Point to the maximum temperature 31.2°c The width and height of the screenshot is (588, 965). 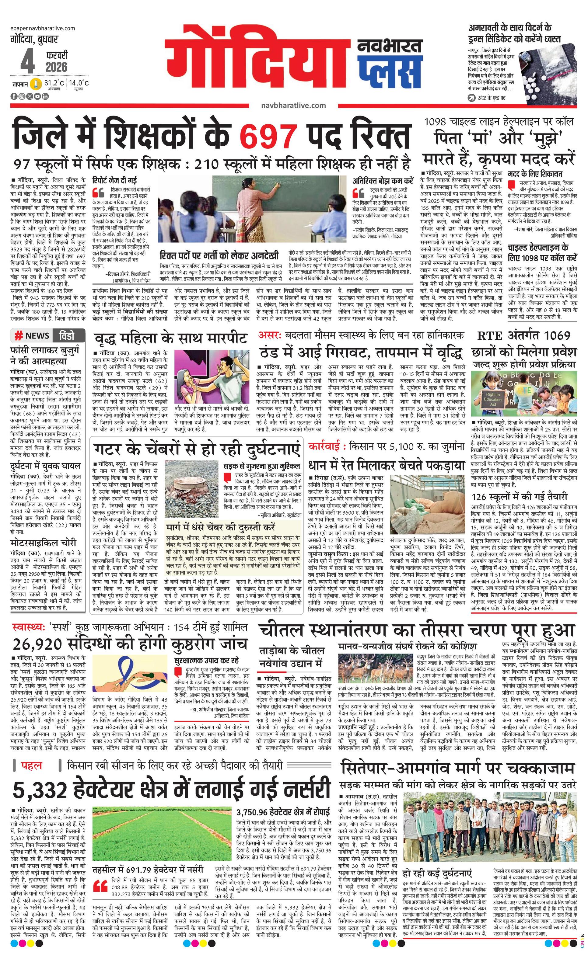(54, 83)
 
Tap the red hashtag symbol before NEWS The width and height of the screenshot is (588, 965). (18, 336)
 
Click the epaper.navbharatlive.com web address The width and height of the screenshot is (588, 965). (43, 28)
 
